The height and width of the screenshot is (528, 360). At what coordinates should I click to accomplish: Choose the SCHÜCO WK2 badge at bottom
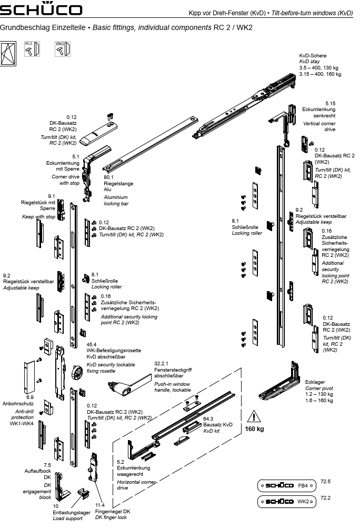pos(286,502)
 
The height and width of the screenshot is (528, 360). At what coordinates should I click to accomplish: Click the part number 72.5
pos(325,482)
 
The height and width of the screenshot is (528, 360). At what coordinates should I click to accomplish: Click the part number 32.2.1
pos(161,363)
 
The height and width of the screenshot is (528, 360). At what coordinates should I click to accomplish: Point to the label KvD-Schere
pos(313,55)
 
